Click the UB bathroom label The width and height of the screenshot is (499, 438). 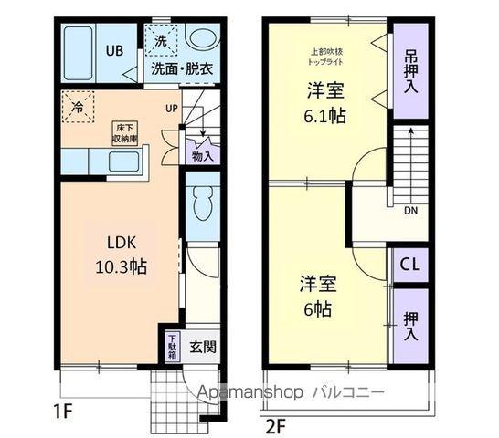click(116, 50)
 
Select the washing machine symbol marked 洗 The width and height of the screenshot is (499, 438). click(161, 40)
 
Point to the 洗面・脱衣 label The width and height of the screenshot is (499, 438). click(182, 68)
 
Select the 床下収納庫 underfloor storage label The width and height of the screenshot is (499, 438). click(126, 133)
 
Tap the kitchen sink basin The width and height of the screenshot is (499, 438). click(122, 163)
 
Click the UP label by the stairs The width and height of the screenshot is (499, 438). click(171, 109)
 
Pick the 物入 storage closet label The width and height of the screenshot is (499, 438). click(202, 156)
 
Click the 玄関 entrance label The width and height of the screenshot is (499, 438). click(203, 347)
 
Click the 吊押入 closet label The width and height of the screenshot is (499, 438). click(410, 69)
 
